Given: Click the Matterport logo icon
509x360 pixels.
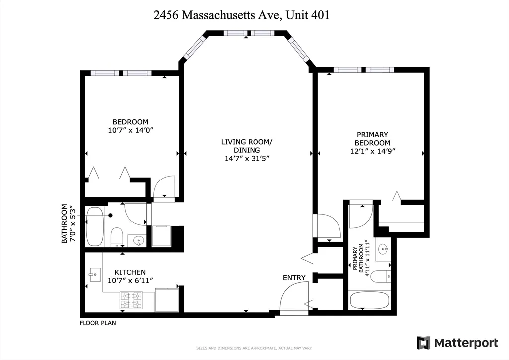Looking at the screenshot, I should pyautogui.click(x=424, y=343).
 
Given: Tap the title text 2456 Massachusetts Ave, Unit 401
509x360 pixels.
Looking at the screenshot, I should pyautogui.click(x=242, y=15).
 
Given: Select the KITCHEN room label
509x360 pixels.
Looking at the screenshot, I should pyautogui.click(x=130, y=272).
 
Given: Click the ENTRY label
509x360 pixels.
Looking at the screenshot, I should pyautogui.click(x=294, y=278).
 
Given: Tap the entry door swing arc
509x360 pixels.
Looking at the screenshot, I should pyautogui.click(x=293, y=297).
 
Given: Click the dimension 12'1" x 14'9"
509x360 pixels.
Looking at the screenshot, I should pyautogui.click(x=372, y=151).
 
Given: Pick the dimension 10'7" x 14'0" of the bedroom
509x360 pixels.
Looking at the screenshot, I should pyautogui.click(x=130, y=131).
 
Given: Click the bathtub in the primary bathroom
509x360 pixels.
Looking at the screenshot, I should pyautogui.click(x=371, y=301).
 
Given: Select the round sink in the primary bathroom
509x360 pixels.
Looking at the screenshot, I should pyautogui.click(x=383, y=248).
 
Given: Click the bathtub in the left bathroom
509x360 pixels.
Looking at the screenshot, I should pyautogui.click(x=95, y=226).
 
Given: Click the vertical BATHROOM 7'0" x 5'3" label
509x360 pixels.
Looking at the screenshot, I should pyautogui.click(x=67, y=224).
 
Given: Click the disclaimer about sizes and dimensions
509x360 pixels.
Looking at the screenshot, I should pyautogui.click(x=254, y=347).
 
